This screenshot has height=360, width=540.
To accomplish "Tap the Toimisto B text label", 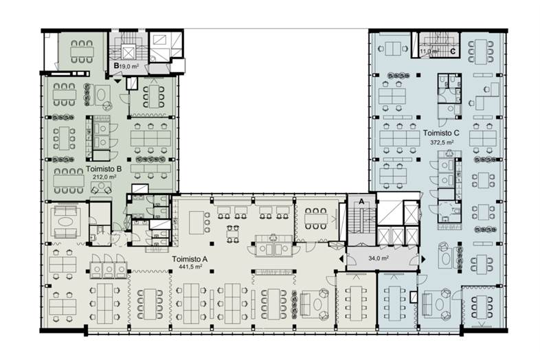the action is coord(104,169).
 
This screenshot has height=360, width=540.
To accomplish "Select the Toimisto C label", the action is coord(441,133).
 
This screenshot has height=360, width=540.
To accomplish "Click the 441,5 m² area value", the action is coord(190,267).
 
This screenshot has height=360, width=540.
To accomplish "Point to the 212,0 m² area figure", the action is coord(104,177).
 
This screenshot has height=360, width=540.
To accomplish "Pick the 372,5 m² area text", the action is coord(442,142).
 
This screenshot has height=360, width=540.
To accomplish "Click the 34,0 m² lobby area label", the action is coord(379,258).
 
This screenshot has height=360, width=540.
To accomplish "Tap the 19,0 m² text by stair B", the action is coord(129,66).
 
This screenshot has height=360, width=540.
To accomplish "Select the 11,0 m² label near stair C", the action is coord(429,52).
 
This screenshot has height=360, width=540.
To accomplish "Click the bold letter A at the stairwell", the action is coord(361,202).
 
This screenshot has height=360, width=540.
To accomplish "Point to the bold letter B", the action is coord(116,65).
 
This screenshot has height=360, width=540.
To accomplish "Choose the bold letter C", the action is coord(453,52).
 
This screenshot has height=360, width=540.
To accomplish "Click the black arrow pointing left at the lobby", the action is coord(341,259).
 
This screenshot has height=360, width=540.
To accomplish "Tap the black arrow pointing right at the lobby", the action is coord(423,259).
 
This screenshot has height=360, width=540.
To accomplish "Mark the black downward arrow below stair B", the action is coord(117,81).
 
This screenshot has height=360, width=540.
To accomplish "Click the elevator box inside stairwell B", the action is coord(128,53).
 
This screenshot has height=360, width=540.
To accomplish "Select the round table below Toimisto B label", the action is coord(101,187).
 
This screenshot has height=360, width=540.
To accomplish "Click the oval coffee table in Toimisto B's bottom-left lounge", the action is coord(65,221).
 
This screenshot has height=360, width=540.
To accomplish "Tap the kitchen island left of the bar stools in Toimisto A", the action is coord(196,222).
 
